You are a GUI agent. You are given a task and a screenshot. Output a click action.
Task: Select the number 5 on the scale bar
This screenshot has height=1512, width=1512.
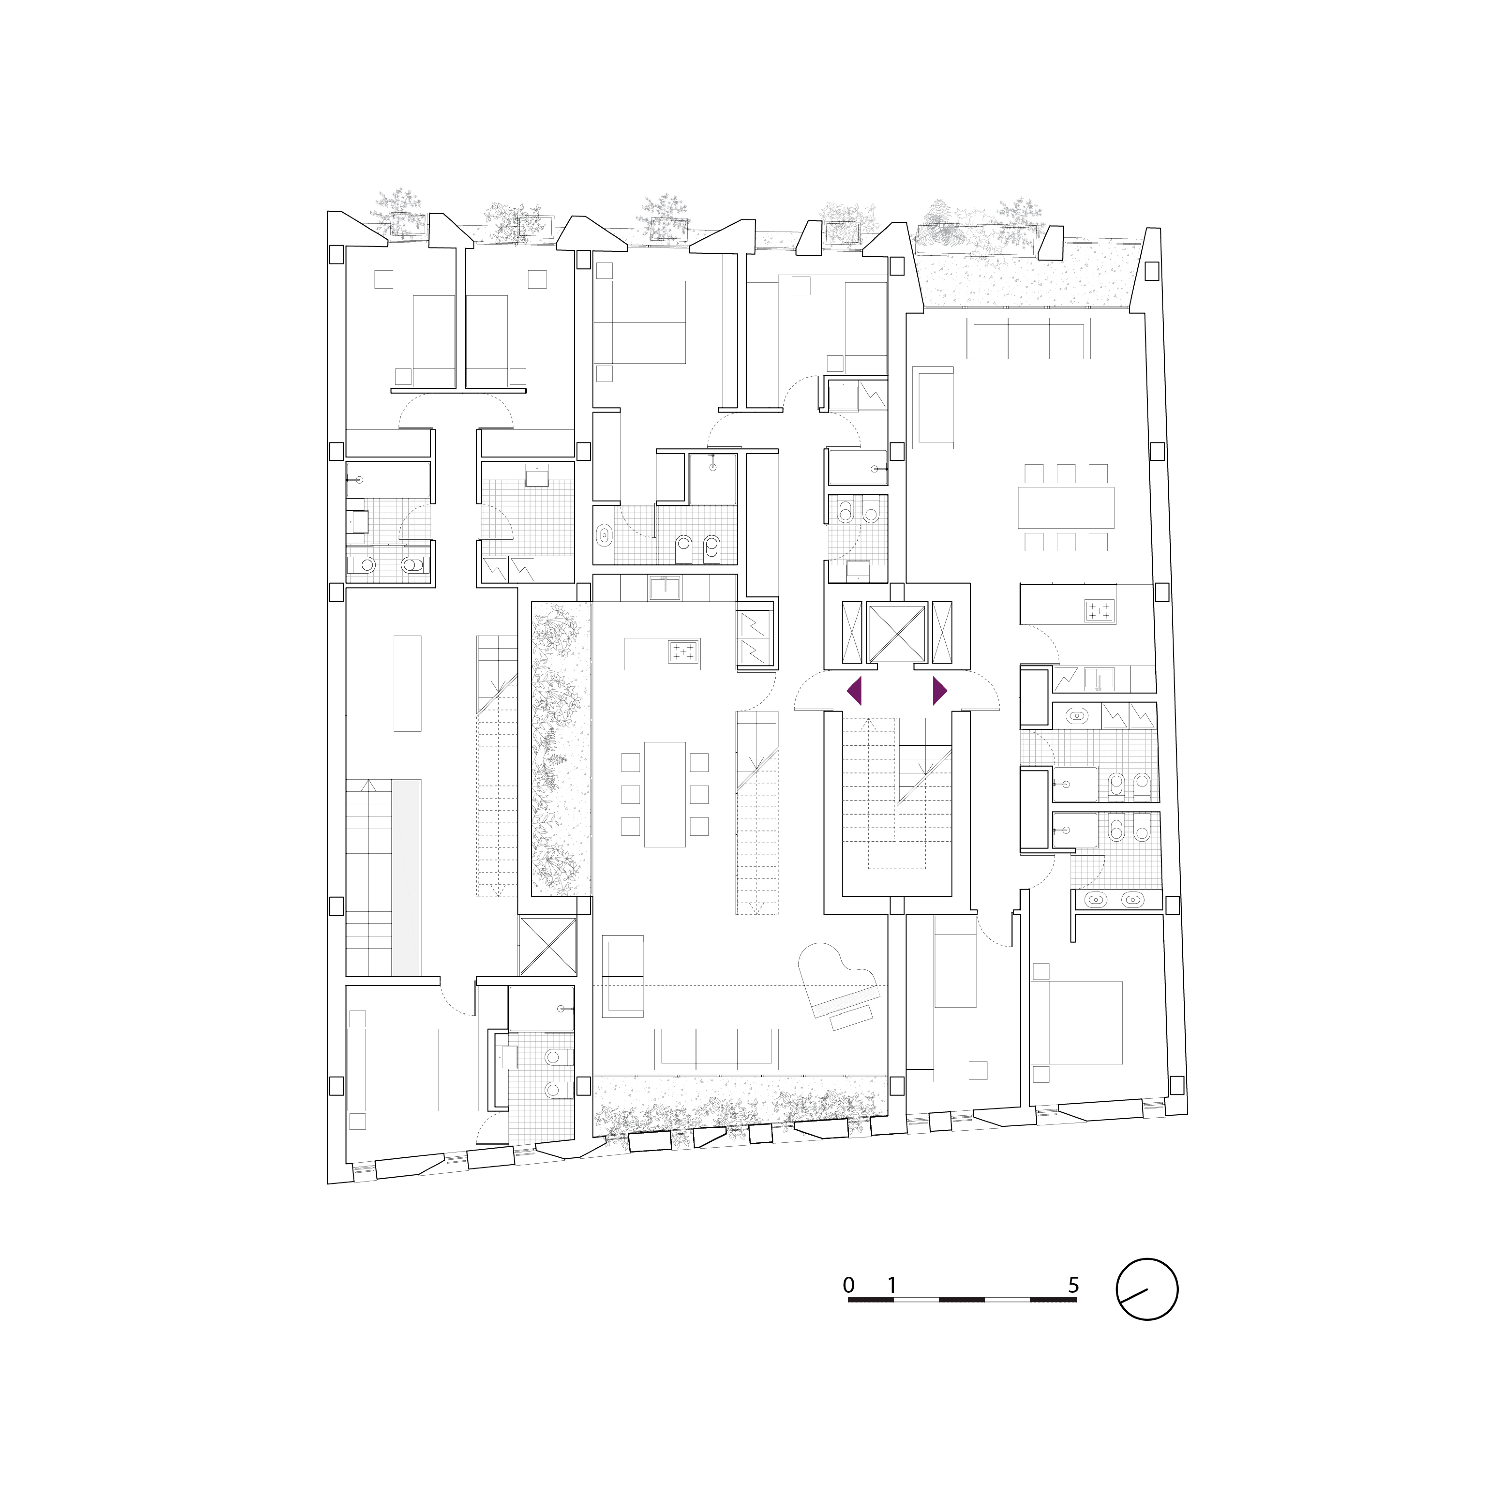coord(1074,1285)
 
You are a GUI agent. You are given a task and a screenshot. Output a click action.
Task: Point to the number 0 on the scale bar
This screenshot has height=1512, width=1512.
coord(848,1285)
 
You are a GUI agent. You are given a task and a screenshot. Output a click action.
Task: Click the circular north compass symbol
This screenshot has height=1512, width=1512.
coord(1146,1290)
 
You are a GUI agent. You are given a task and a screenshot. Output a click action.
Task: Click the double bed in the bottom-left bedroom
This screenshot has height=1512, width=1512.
coord(392,1070)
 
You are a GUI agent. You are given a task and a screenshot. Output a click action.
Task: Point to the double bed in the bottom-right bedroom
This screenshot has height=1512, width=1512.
coord(1076,1023)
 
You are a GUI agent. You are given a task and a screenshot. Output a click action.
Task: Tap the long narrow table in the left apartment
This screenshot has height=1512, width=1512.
coord(407,683)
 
